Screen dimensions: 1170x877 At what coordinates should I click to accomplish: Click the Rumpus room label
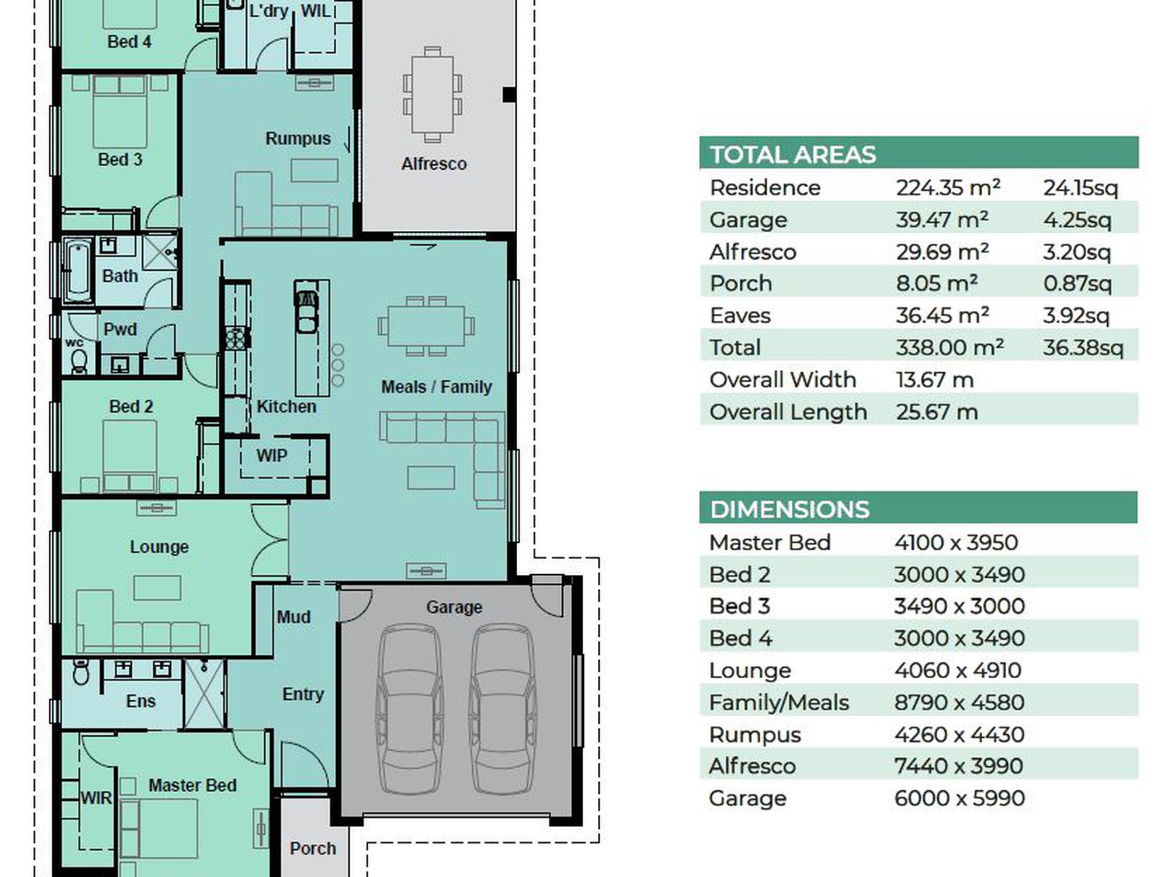pos(298,138)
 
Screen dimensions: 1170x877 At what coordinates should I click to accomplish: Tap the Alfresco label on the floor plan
pos(434,164)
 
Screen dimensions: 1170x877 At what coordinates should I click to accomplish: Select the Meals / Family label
pos(437,386)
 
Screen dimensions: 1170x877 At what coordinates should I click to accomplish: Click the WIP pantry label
pos(272,455)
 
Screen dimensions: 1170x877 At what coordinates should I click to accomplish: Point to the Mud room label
pos(294,617)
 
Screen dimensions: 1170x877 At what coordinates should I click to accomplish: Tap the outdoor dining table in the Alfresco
pos(432,95)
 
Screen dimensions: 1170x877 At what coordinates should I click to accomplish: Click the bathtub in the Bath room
pos(78,271)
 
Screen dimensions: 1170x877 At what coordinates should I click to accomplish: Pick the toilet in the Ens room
pos(81,671)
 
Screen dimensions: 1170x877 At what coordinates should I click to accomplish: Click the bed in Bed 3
pos(120,111)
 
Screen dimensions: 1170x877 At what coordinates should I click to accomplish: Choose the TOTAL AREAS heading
pos(793,154)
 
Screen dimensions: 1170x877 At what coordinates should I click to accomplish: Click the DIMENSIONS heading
pos(789,510)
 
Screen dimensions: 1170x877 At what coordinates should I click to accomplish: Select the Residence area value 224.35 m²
pos(948,188)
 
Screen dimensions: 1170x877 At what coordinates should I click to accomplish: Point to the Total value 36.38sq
pos(1083,348)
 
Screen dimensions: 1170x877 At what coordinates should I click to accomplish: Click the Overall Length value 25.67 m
pos(937,412)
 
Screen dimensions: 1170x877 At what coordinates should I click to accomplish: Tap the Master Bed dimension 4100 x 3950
pos(956,543)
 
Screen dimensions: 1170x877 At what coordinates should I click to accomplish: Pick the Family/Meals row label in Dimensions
pos(779,702)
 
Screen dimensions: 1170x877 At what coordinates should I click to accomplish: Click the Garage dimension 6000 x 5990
pos(959,798)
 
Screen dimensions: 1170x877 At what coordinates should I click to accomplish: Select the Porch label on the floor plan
pos(313,848)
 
